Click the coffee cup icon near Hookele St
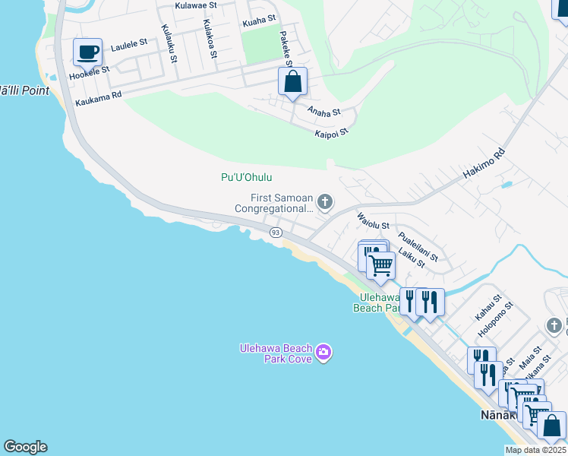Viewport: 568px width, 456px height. tap(87, 52)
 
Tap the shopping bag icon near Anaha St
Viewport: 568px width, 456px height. tap(292, 81)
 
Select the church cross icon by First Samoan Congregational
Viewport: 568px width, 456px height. tap(325, 201)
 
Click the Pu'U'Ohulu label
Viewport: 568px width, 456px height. tap(246, 177)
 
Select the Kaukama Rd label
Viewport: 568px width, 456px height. tap(99, 101)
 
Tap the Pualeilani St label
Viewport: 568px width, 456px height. tap(418, 246)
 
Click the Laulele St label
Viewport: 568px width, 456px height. tap(128, 47)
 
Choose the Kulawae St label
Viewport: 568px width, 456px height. tap(195, 5)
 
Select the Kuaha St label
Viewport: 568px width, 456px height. tap(259, 23)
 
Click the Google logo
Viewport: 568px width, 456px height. tap(25, 447)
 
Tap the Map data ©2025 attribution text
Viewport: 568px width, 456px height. tap(535, 450)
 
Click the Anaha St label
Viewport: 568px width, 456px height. tap(323, 112)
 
